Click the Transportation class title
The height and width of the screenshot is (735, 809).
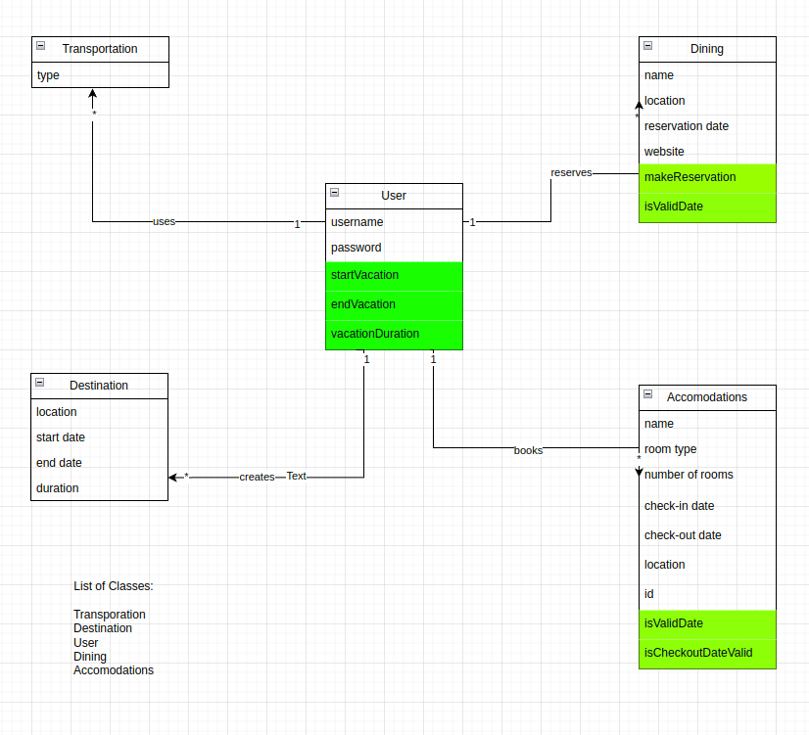point(100,49)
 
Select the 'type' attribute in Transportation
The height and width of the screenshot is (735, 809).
point(48,75)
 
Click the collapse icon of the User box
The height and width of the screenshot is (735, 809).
point(334,195)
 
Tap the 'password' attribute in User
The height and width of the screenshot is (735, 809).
point(357,248)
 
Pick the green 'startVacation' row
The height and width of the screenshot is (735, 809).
point(364,275)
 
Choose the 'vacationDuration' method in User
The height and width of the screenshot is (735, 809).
point(375,334)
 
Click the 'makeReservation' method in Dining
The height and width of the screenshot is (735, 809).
point(690,177)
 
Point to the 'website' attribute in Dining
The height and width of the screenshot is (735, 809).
point(664,152)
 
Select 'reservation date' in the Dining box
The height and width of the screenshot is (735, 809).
point(687,126)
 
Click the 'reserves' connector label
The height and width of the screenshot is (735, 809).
point(571,173)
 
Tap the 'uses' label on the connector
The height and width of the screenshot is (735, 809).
point(164,222)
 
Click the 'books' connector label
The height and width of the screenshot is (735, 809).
point(528,451)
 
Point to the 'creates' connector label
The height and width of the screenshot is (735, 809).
point(257,477)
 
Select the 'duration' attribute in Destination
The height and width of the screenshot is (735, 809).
point(58,488)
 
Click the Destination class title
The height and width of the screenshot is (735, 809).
point(99,386)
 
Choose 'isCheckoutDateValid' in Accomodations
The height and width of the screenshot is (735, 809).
point(698,653)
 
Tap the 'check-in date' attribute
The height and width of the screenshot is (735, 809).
point(679,506)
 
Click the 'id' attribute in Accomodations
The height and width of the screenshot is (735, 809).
point(648,594)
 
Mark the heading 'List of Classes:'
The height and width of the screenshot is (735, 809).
point(114,586)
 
